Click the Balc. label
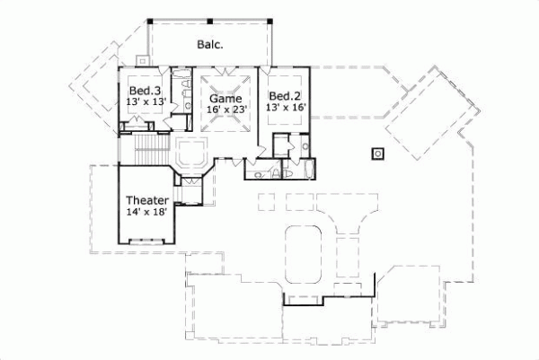210,43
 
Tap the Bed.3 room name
144,92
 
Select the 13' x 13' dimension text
144,103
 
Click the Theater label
145,200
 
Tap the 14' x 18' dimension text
145,213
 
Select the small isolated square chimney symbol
378,153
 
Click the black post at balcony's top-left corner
149,19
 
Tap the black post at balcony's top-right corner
269,19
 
